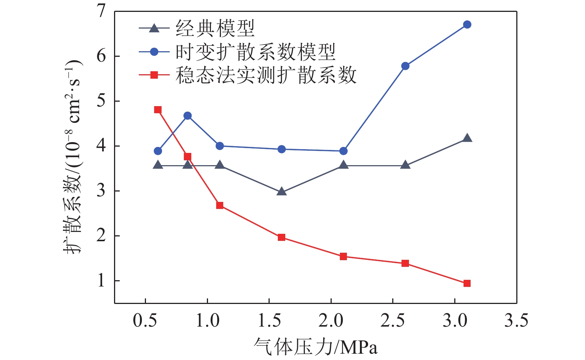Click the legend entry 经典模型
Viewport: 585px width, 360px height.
coord(215,29)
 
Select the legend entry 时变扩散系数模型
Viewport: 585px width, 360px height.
coord(256,52)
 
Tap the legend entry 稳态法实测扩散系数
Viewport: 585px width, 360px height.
coord(266,75)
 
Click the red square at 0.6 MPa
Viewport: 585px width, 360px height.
coord(158,110)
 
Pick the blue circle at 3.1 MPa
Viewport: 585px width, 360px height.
coord(467,24)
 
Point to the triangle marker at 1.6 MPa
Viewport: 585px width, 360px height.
coord(282,192)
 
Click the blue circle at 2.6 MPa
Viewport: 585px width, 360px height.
coord(405,66)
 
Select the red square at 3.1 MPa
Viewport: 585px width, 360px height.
coord(467,284)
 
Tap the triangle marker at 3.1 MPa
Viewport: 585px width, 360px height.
coord(467,138)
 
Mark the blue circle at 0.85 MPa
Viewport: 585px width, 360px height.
coord(188,116)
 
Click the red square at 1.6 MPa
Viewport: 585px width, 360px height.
coord(282,238)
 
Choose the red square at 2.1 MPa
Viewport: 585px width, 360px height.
coord(344,256)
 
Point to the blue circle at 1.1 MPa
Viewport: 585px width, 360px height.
coord(220,146)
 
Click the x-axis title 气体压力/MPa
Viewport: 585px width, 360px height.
coord(315,347)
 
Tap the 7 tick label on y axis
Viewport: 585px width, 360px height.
coord(101,12)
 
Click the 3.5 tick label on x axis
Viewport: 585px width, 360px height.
coord(516,320)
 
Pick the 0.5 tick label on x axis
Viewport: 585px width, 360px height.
coord(145,320)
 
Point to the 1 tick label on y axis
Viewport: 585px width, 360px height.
coord(101,281)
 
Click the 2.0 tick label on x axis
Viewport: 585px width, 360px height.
coord(331,320)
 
